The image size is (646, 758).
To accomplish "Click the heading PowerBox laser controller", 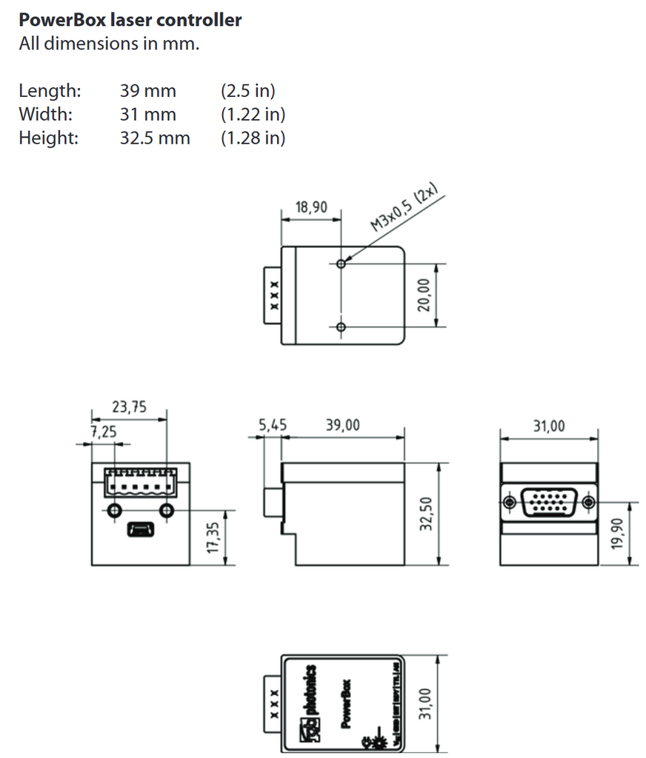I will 130,20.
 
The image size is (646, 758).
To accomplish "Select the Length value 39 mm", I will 148,91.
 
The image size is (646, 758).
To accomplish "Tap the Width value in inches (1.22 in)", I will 253,115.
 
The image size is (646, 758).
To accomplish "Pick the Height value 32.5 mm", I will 155,138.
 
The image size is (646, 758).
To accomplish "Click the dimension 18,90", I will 311,208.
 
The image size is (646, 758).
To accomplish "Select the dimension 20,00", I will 424,295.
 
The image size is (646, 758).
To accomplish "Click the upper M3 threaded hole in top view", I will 341,264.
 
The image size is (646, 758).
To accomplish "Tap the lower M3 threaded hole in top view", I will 341,327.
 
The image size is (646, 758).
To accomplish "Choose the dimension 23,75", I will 129,406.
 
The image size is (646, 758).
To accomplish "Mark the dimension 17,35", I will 213,537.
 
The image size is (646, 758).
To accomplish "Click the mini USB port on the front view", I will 140,529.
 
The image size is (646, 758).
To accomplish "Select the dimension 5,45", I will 272,425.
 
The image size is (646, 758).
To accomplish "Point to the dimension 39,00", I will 342,425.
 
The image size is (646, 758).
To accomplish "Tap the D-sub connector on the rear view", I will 549,503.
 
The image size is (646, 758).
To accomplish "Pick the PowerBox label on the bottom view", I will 346,702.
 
